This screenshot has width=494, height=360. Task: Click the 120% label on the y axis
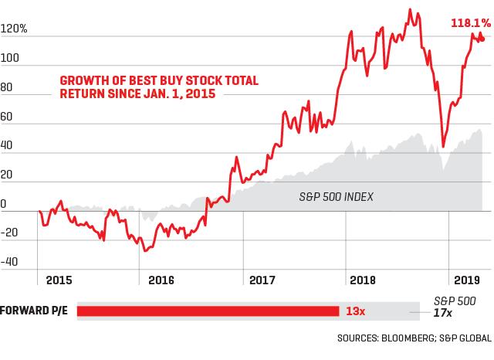14,29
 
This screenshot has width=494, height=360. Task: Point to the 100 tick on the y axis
10,58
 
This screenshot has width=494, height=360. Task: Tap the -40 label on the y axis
9,262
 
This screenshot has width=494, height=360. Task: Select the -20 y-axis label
9,233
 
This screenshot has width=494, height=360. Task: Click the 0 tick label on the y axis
3,204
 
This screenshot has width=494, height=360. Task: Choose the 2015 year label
59,280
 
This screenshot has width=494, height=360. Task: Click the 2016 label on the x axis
161,280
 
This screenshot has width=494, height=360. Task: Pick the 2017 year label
262,280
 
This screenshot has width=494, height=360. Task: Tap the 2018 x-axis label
363,280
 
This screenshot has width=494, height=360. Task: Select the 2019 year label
466,280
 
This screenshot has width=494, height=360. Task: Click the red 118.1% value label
471,23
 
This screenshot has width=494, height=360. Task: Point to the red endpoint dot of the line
482,39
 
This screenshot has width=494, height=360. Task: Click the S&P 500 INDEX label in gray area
337,197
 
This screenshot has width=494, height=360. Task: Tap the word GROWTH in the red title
85,80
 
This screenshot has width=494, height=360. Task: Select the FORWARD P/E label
34,311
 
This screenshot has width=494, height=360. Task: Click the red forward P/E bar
208,311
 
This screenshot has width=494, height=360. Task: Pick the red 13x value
355,311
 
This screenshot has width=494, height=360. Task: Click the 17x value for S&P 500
442,313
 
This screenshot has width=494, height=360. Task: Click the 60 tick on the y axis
7,117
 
